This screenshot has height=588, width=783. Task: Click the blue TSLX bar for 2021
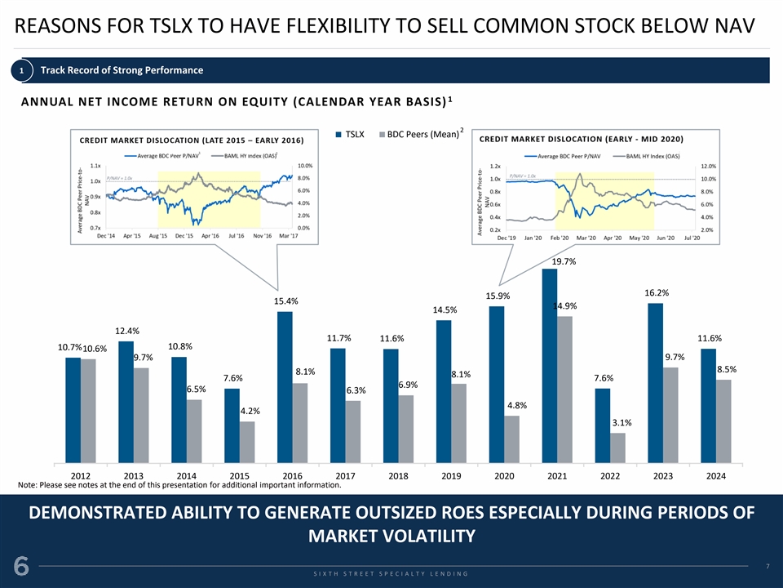549,364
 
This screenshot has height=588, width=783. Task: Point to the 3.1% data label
622,423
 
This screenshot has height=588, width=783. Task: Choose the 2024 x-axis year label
717,474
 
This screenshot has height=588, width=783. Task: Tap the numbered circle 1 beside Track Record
24,70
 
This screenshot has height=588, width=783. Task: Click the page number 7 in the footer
768,565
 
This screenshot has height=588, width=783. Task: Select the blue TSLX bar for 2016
285,385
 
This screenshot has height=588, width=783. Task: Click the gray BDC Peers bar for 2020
511,438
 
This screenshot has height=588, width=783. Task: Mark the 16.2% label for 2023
657,292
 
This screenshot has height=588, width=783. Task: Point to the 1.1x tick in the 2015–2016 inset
95,166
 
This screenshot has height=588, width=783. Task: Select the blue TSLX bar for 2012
73,408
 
